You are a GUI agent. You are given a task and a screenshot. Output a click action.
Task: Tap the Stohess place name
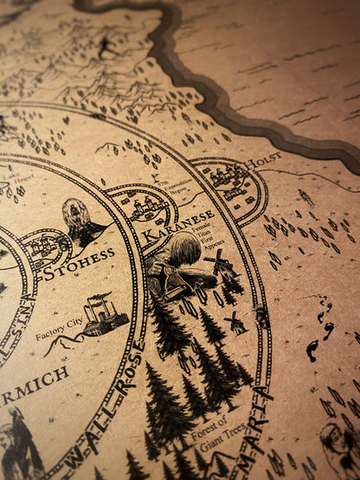78,256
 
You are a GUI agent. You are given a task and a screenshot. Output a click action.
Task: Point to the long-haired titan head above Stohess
77,216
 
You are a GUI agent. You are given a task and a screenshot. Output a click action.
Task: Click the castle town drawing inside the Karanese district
143,208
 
